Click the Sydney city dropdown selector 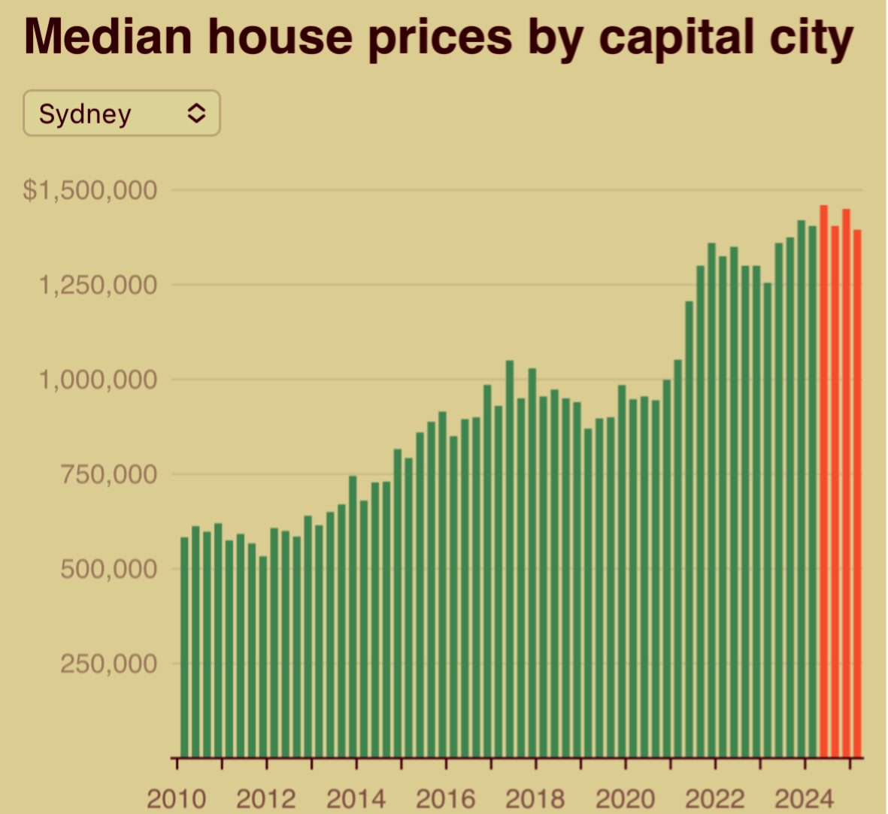tap(121, 113)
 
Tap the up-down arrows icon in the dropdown tap(196, 113)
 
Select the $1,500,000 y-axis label tap(90, 190)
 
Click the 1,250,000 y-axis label tap(98, 285)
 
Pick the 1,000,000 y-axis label tap(98, 380)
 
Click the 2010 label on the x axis tap(176, 798)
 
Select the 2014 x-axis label tap(356, 798)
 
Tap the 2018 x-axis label tap(535, 798)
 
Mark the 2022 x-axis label tap(715, 798)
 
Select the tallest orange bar tap(824, 481)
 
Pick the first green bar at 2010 tap(184, 646)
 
